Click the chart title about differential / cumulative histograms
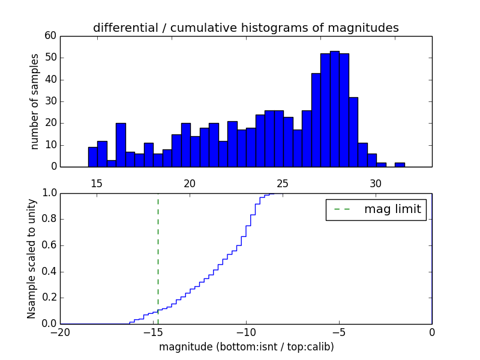click(245, 28)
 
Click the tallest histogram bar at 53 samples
click(334, 109)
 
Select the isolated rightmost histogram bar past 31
click(400, 164)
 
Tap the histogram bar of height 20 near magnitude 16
click(121, 145)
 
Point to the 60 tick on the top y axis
click(50, 36)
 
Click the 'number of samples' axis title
click(35, 101)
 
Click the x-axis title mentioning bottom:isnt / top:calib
click(246, 347)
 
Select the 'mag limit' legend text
click(392, 209)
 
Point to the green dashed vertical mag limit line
click(158, 252)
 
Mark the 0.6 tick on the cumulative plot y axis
click(48, 245)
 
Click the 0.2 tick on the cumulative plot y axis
click(48, 298)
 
